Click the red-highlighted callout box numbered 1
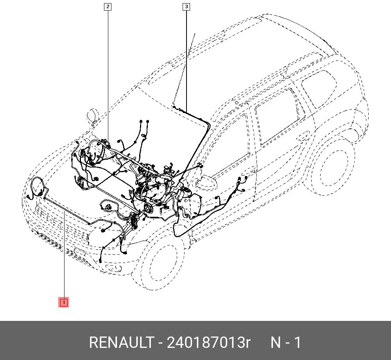tap(63, 302)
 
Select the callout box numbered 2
tap(108, 6)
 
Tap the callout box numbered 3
tap(186, 6)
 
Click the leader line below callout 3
tap(186, 59)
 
